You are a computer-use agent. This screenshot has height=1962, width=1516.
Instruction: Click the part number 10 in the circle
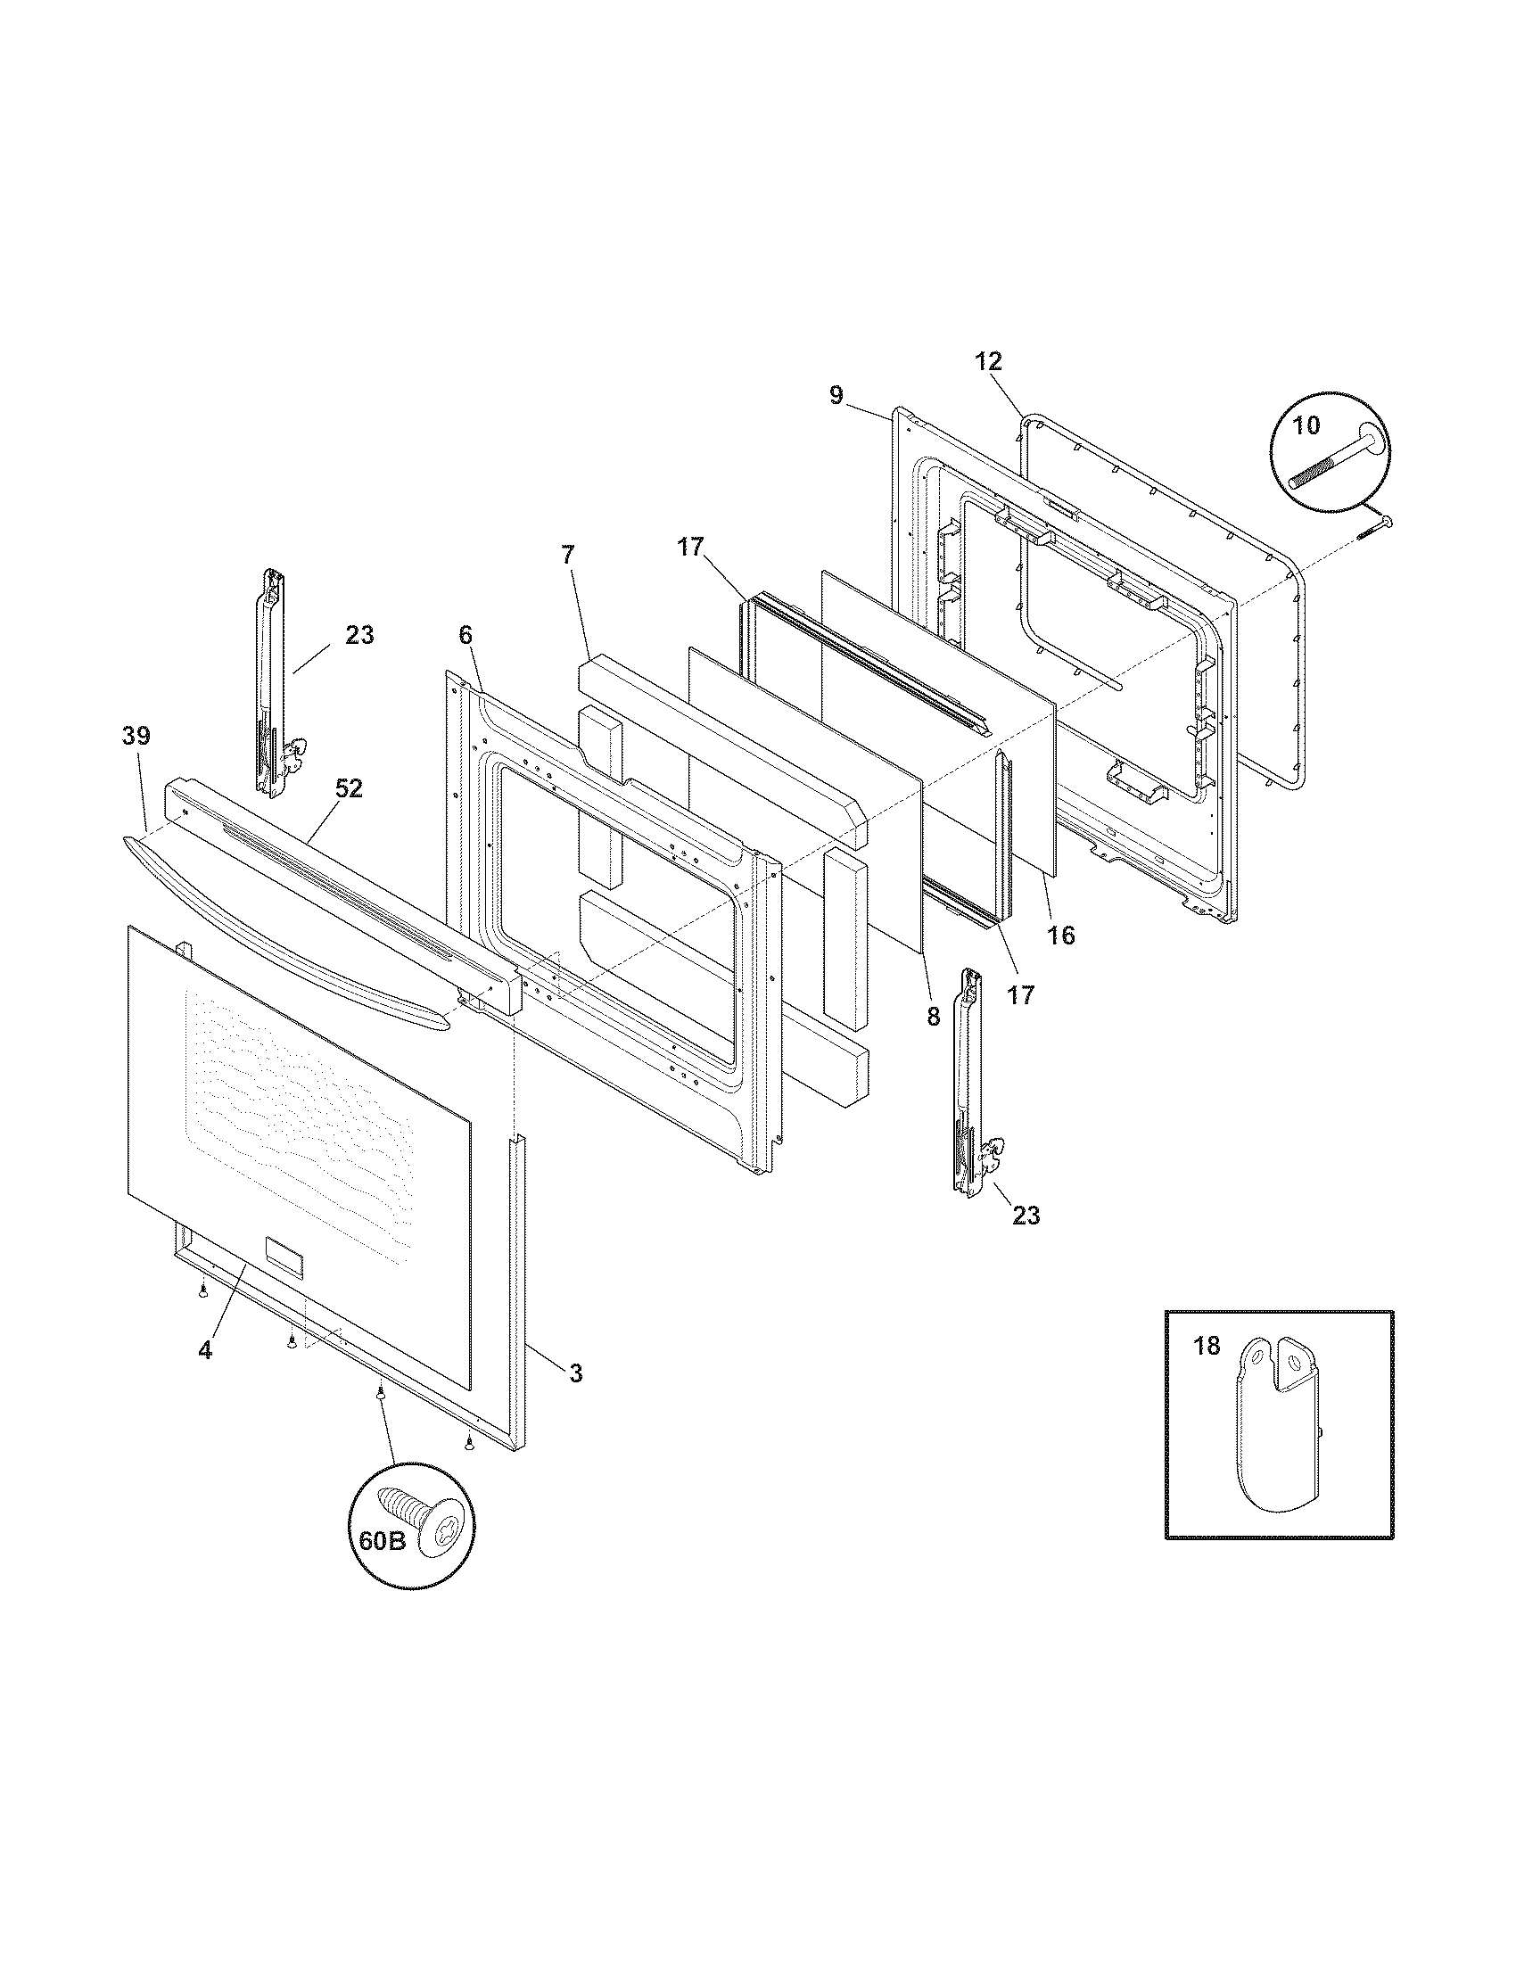point(1306,425)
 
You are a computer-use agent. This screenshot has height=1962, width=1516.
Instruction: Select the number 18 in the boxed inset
point(1208,1346)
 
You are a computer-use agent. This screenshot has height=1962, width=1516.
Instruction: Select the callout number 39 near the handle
point(136,736)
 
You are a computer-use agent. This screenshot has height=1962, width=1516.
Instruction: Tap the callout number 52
point(349,788)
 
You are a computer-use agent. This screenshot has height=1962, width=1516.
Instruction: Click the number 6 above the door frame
point(465,634)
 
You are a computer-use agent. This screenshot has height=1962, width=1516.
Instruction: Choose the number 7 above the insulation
point(566,555)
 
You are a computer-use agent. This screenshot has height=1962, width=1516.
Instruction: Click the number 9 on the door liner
point(836,395)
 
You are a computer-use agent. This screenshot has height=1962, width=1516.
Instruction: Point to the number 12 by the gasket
point(988,361)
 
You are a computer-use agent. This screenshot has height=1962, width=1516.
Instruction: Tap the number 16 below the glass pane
point(1060,936)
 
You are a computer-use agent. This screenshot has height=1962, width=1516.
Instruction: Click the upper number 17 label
point(690,546)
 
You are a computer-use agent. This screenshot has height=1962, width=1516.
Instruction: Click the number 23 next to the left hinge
point(358,635)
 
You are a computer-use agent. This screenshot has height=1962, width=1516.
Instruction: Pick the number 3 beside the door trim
point(575,1373)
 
